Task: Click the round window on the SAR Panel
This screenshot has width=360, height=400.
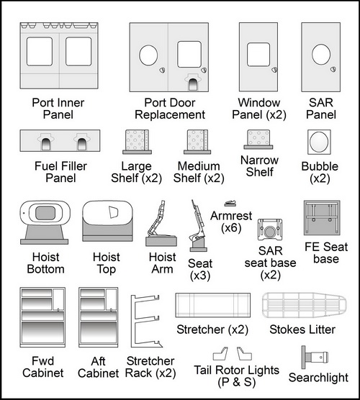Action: [321, 55]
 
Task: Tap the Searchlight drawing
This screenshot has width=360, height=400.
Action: [315, 357]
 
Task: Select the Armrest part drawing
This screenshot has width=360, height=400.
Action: [230, 204]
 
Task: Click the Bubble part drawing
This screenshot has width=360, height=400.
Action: [319, 142]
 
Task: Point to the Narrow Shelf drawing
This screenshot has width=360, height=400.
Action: [258, 140]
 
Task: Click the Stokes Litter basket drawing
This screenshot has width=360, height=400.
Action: [304, 305]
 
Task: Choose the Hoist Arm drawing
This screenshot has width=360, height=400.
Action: [161, 224]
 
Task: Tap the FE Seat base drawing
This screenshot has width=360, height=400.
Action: [322, 217]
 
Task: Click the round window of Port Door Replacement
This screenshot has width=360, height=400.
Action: [148, 55]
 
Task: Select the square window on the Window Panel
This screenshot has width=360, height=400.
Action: [258, 55]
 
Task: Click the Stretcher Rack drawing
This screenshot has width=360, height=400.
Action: [146, 322]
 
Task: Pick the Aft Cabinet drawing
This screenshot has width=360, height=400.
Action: [99, 317]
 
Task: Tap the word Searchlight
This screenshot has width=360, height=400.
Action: [318, 378]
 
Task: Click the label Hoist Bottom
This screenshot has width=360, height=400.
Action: [45, 263]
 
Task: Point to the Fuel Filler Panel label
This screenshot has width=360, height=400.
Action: [60, 172]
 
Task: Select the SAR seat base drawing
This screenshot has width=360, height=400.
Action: [270, 229]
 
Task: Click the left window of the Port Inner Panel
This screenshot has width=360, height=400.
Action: [40, 52]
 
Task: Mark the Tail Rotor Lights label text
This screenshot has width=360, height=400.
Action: [237, 376]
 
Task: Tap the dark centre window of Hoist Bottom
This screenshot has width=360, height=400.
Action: [45, 213]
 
